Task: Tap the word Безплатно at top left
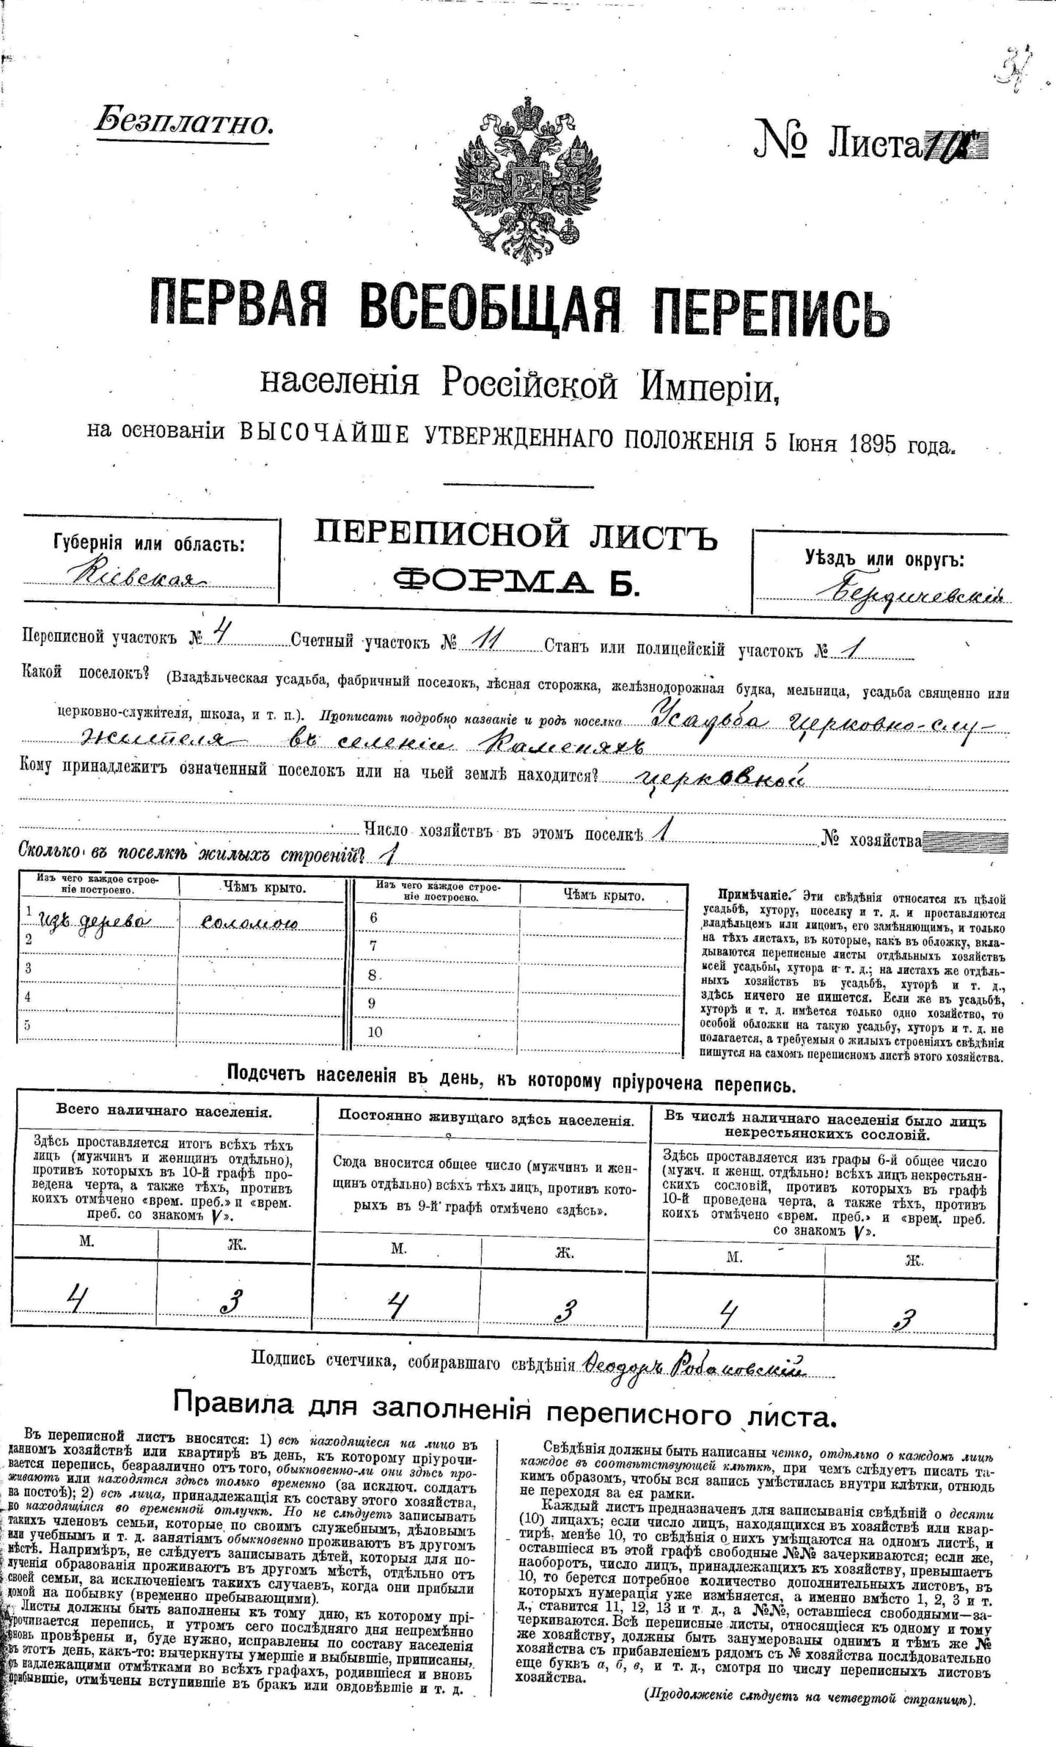[x=184, y=120]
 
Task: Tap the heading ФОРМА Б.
[x=517, y=580]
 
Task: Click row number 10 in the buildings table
[x=375, y=1031]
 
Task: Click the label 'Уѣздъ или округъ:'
[x=884, y=560]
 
